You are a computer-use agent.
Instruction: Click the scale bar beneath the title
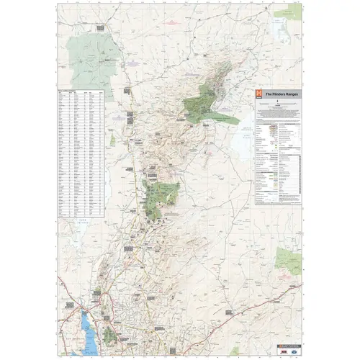(276, 105)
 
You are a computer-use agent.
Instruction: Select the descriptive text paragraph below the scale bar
(276, 112)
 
